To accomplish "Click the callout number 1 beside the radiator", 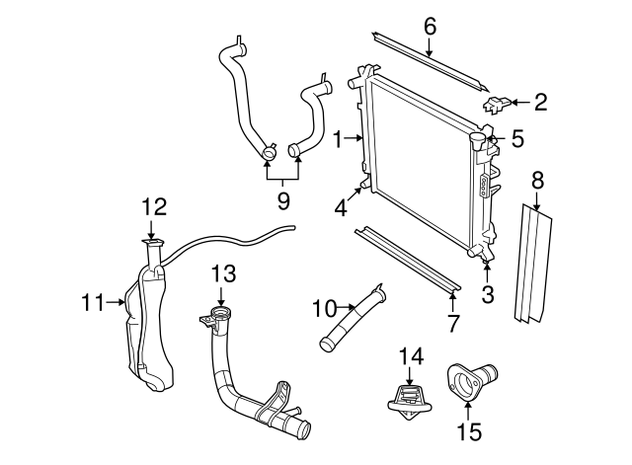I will [x=338, y=139].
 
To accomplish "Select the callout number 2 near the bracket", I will [x=540, y=100].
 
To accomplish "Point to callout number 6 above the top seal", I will [x=430, y=27].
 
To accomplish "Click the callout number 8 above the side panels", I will [x=536, y=181].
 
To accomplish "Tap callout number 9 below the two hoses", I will [x=283, y=201].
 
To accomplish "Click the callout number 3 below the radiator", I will [x=487, y=293].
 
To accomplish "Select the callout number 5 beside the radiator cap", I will [x=516, y=139].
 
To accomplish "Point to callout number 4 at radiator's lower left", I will [x=340, y=207].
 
